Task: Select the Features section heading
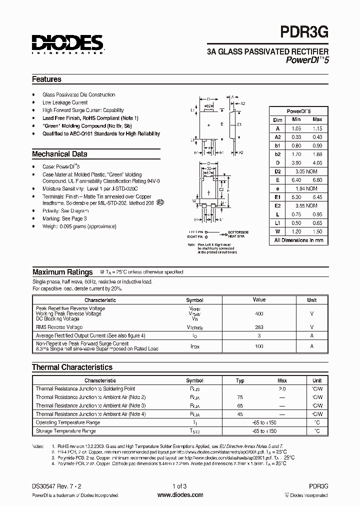pos(46,79)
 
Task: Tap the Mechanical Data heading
pos(59,154)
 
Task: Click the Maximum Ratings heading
pos(62,272)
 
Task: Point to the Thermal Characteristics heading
pos(72,367)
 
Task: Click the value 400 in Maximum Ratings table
pos(259,313)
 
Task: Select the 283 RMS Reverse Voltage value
pos(259,326)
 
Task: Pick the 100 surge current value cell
pos(259,346)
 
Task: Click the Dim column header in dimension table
pos(278,119)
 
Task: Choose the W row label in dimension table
pos(277,231)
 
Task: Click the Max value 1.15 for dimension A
pos(317,128)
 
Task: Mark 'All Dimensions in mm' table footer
pos(298,240)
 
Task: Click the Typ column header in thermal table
pos(240,380)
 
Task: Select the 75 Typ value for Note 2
pos(240,397)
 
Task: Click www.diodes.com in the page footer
pos(180,495)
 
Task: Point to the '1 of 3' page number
pos(180,486)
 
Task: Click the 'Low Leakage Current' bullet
pos(65,102)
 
